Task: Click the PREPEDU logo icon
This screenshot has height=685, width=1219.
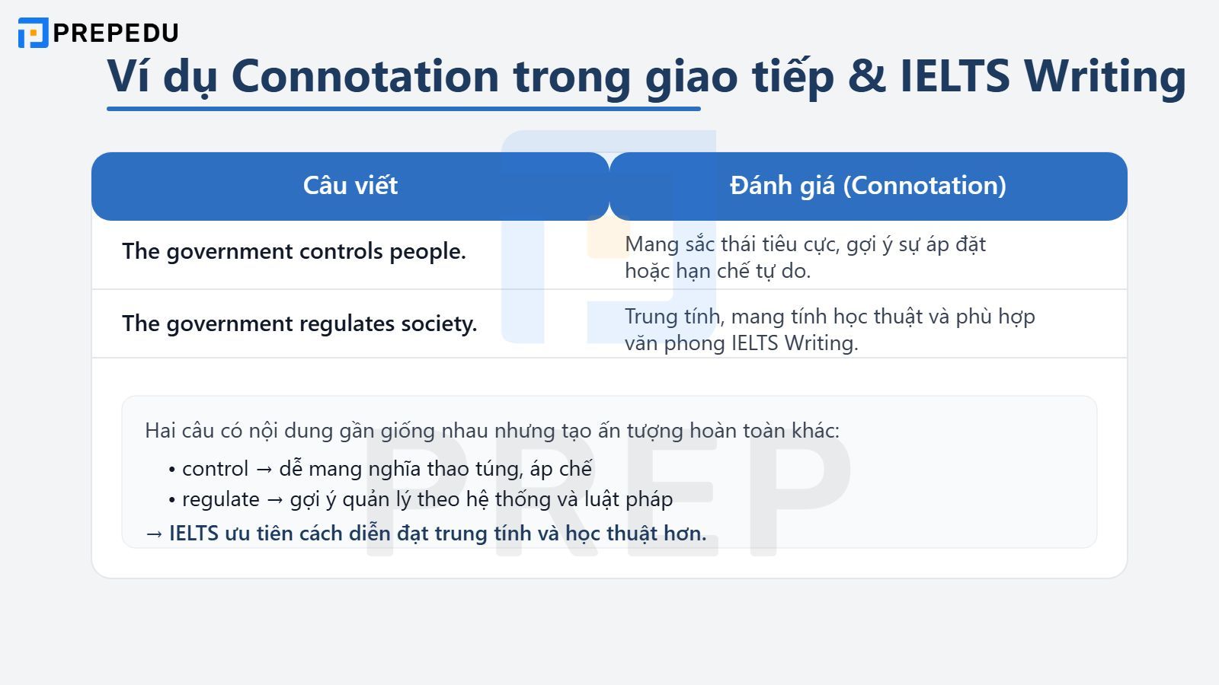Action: pos(33,33)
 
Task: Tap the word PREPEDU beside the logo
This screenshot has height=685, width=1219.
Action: pos(116,33)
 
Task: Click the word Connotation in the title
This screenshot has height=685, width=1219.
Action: pos(365,76)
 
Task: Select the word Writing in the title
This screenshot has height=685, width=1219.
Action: pos(1105,76)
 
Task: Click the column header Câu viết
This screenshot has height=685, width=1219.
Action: pos(350,186)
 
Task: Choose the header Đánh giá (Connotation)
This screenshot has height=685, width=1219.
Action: pos(868,186)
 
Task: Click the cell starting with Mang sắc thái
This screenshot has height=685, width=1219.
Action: pos(805,257)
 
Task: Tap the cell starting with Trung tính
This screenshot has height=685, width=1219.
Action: pos(829,330)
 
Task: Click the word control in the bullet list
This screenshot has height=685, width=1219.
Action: pos(215,469)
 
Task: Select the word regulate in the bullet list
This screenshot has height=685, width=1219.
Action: pos(220,499)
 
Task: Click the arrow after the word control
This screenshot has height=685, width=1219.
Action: pos(264,470)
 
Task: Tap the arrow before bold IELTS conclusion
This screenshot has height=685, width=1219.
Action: pos(154,534)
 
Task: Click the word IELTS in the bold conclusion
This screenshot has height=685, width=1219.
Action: pos(194,534)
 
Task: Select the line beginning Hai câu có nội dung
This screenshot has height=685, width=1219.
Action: pos(491,431)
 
